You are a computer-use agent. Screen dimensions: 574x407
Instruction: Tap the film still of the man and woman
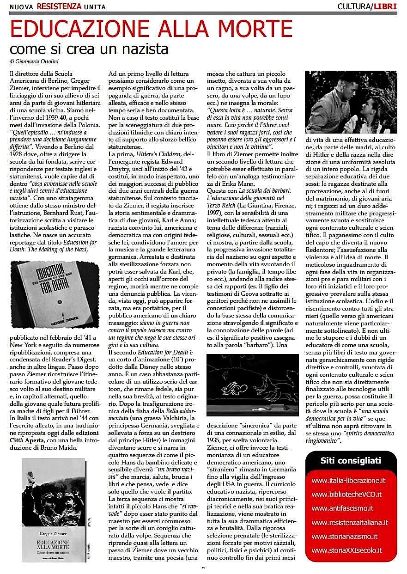(x=351, y=102)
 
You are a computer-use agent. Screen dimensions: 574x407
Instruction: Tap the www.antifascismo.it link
(x=342, y=508)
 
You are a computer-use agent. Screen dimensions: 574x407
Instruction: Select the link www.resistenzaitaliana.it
(x=350, y=523)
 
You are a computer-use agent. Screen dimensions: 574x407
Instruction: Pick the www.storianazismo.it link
(x=345, y=537)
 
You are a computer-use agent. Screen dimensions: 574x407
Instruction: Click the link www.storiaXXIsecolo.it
(x=347, y=550)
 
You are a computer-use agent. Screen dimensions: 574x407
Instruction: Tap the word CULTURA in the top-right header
(x=355, y=6)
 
